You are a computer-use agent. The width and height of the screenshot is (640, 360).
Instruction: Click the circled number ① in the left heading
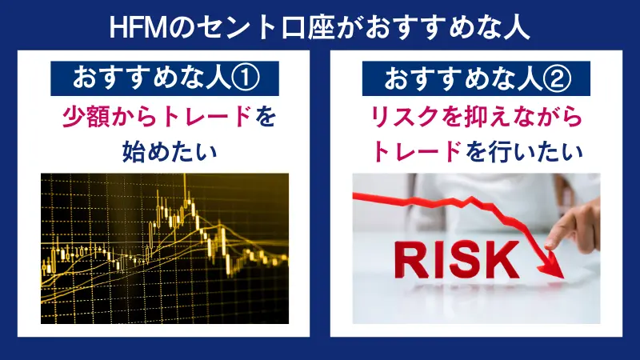(241, 78)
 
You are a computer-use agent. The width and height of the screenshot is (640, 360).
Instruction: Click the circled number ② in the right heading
(552, 78)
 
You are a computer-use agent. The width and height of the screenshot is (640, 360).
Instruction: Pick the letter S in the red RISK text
(462, 258)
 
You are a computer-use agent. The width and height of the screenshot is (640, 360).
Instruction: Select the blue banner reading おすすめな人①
(164, 78)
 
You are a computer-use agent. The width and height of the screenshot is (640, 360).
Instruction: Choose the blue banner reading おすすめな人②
(476, 78)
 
